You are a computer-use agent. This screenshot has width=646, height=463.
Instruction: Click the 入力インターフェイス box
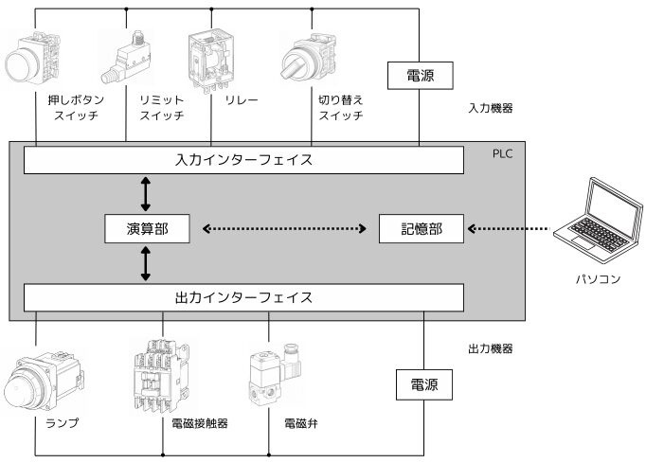click(244, 160)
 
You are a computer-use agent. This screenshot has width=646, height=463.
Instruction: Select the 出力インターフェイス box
click(244, 298)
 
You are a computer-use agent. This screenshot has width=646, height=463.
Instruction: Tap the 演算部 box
click(145, 228)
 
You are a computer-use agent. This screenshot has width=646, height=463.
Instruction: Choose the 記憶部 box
click(421, 228)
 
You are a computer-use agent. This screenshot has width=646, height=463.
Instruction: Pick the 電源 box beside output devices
click(421, 385)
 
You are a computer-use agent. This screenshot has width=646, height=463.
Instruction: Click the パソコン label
click(598, 279)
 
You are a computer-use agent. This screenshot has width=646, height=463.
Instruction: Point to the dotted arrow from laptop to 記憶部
click(511, 228)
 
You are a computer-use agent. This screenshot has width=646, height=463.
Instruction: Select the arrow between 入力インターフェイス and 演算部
click(145, 193)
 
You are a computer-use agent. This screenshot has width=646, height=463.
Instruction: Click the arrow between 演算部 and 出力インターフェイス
click(145, 263)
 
